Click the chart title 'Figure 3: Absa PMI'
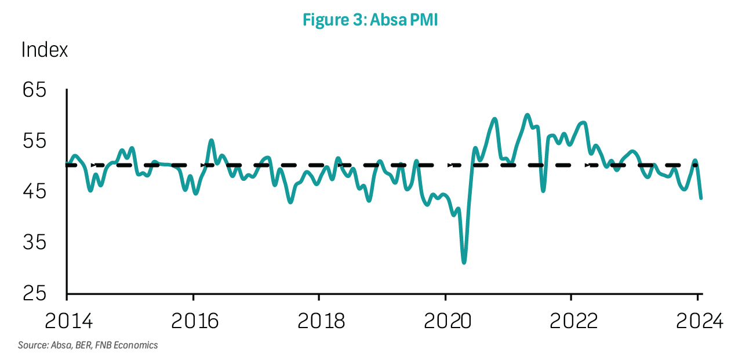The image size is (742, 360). tap(370, 20)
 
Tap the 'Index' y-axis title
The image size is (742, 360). tap(45, 50)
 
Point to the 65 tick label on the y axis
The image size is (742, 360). tap(34, 90)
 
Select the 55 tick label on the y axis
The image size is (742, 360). tap(34, 141)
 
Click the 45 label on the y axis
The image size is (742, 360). tap(34, 192)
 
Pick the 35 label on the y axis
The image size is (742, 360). tap(34, 242)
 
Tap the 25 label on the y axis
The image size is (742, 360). tap(34, 293)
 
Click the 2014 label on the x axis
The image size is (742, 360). tap(68, 321)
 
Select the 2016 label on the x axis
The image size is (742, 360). tap(195, 321)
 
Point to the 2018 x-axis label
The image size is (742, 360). tap(321, 321)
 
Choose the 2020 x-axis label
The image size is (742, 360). tap(447, 321)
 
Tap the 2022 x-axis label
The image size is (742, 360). tap(573, 321)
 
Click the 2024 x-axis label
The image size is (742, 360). tap(699, 321)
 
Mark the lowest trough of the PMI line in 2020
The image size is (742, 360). tap(464, 262)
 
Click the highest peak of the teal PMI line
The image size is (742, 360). tap(527, 115)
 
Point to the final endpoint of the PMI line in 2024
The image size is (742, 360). tap(701, 198)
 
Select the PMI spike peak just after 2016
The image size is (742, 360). tap(212, 141)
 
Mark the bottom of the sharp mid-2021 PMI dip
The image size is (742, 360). tap(543, 190)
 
